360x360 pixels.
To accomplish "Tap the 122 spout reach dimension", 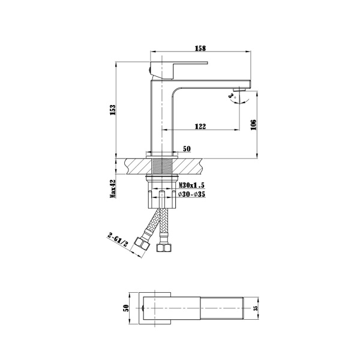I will (200, 126).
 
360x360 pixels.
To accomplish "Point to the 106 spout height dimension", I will (254, 124).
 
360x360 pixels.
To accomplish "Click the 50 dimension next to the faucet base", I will (186, 148).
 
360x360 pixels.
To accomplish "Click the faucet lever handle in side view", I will (177, 64).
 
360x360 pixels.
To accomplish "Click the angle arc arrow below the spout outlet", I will (233, 100).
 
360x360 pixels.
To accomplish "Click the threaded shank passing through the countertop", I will (162, 165).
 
